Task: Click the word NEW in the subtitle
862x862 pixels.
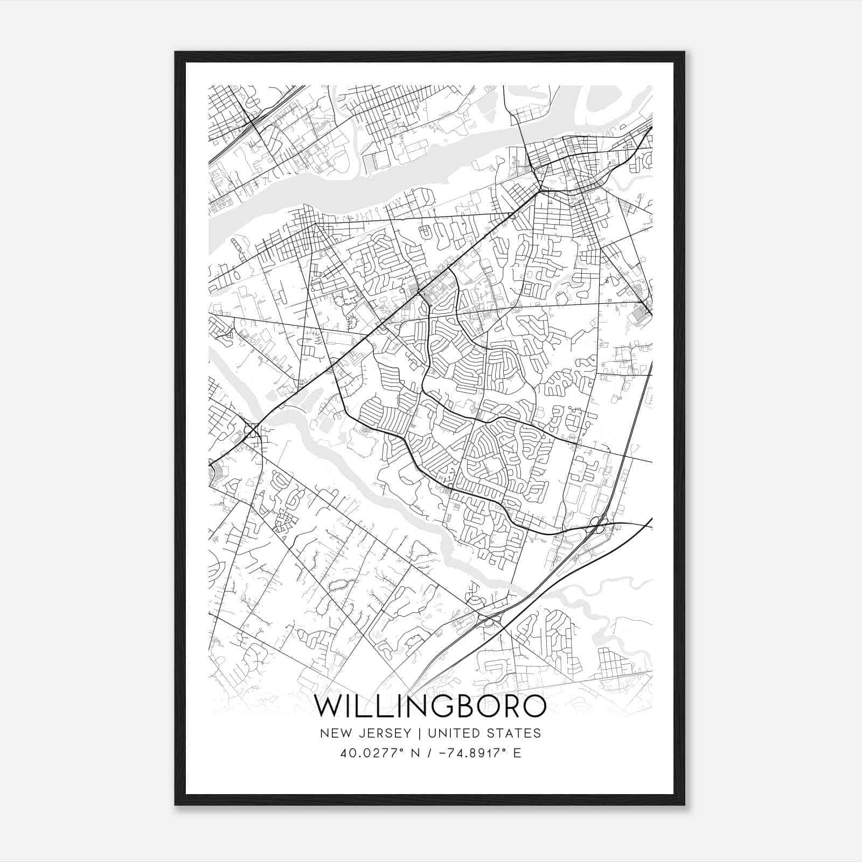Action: click(x=332, y=733)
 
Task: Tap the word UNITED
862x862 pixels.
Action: click(x=454, y=733)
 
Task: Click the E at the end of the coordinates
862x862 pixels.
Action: click(x=517, y=753)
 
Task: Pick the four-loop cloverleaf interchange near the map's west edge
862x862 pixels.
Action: click(x=251, y=429)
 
